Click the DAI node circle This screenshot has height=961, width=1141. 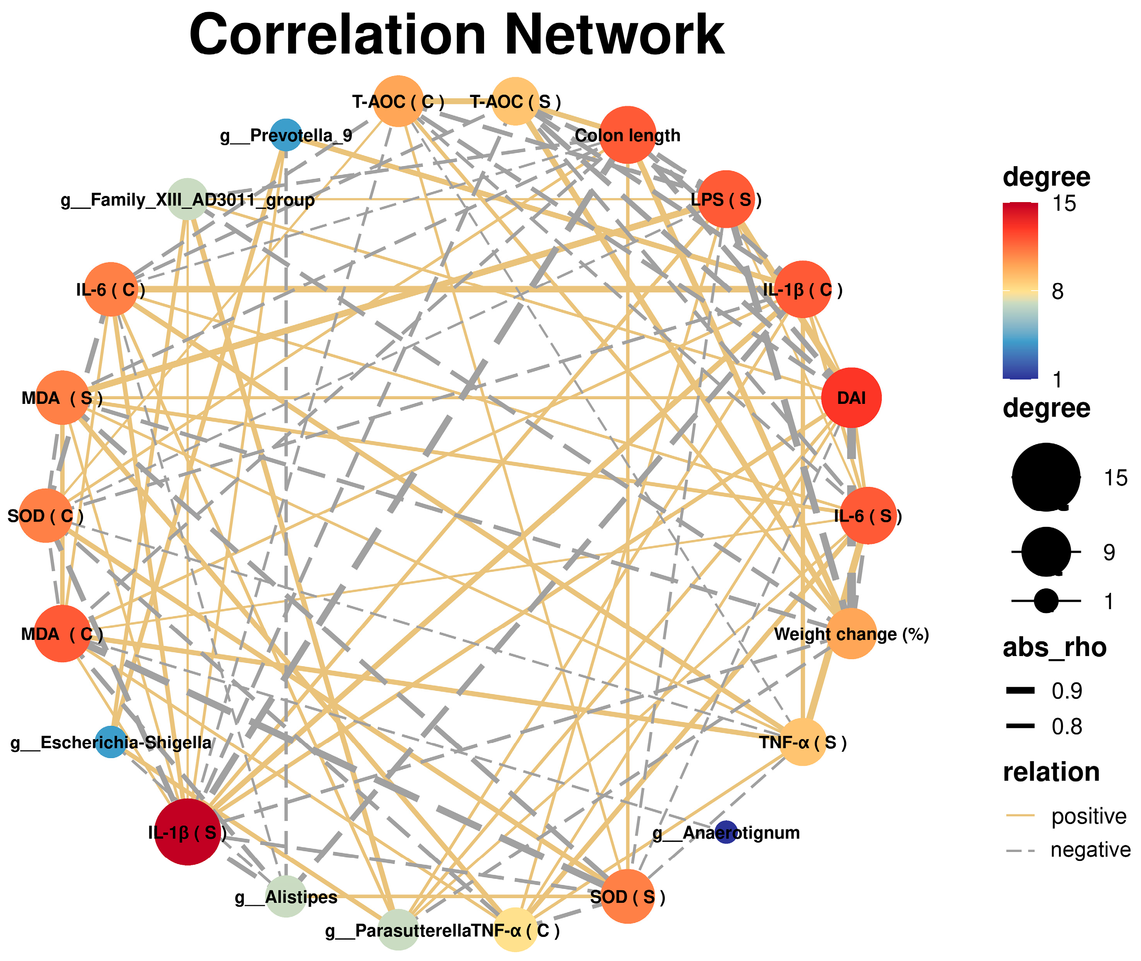851,398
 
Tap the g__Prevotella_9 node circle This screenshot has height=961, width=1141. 286,135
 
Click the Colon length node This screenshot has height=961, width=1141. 628,135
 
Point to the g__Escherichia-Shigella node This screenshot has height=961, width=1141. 111,742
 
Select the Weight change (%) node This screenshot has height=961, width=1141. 851,634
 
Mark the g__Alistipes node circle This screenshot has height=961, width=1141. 286,896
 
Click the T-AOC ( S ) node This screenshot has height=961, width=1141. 515,101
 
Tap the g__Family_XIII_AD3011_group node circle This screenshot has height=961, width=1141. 187,199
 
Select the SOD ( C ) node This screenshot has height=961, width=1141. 46,515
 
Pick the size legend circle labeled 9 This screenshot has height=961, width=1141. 1046,552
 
